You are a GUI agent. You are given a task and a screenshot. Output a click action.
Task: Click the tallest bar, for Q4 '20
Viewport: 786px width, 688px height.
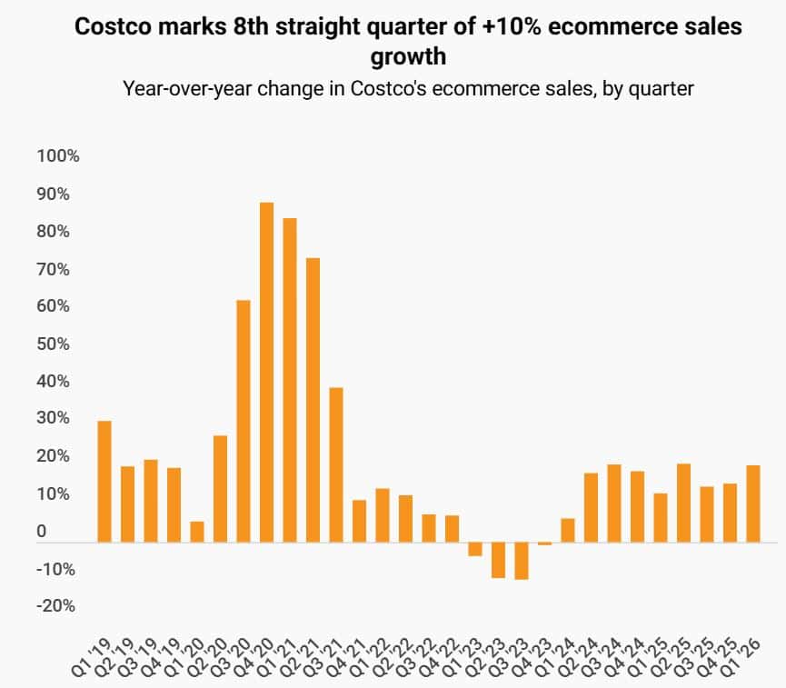click(266, 373)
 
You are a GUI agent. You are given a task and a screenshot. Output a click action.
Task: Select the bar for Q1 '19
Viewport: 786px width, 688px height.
click(104, 482)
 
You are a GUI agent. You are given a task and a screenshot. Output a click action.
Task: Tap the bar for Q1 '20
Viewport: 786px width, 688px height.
click(197, 532)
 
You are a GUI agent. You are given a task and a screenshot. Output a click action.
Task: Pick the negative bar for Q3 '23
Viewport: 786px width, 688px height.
click(522, 561)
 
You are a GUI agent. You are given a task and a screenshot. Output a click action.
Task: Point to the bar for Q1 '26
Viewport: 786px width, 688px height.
click(753, 504)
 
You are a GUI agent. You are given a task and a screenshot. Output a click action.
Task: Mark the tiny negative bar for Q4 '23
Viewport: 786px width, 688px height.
click(544, 543)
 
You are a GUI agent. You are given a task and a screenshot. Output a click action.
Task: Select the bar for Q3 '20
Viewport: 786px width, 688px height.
click(244, 421)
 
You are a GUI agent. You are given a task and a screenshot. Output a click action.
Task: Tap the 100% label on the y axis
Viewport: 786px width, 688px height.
click(58, 156)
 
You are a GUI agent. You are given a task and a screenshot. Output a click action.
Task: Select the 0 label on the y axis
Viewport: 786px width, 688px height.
click(42, 532)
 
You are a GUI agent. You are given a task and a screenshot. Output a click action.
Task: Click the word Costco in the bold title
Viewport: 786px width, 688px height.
click(111, 27)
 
